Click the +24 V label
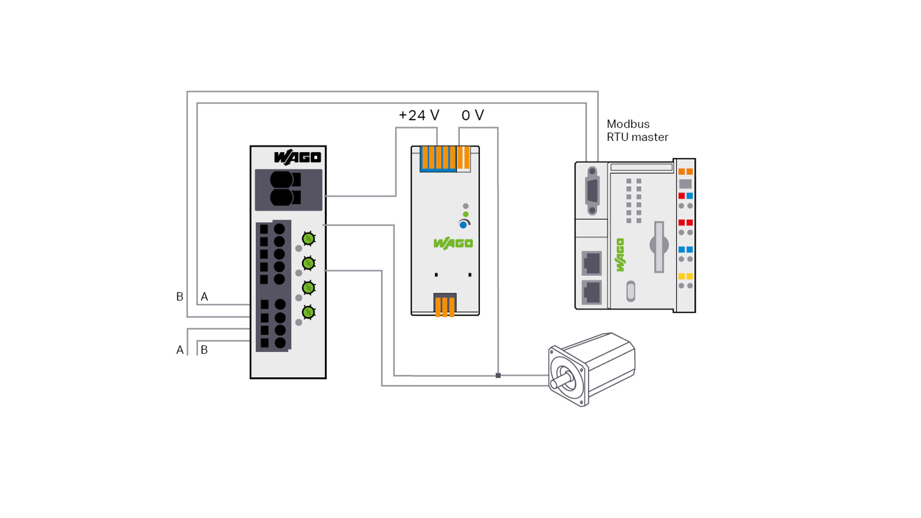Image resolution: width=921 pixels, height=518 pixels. pyautogui.click(x=419, y=115)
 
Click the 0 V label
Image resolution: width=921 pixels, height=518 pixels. pyautogui.click(x=473, y=115)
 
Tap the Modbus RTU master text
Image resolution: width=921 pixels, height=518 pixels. pyautogui.click(x=637, y=130)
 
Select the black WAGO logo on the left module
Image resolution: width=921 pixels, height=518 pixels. pyautogui.click(x=297, y=157)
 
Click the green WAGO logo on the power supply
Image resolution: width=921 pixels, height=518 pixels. pyautogui.click(x=453, y=243)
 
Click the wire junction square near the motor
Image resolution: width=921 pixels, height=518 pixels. pyautogui.click(x=498, y=375)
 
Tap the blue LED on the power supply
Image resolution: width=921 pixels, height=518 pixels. pyautogui.click(x=463, y=225)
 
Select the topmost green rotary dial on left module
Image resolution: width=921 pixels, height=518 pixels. pyautogui.click(x=309, y=239)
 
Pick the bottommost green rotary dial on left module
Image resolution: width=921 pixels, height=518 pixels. pyautogui.click(x=309, y=312)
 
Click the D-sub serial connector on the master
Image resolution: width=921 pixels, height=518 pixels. pyautogui.click(x=592, y=191)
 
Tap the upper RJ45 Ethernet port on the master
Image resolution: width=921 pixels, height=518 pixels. pyautogui.click(x=592, y=263)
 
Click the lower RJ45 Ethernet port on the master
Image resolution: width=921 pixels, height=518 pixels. pyautogui.click(x=592, y=292)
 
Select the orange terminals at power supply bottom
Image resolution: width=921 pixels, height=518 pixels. pyautogui.click(x=445, y=306)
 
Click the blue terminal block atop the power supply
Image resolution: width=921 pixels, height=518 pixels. pyautogui.click(x=438, y=159)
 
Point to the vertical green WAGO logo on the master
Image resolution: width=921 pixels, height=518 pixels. pyautogui.click(x=620, y=255)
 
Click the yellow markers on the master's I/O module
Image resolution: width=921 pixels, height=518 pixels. pyautogui.click(x=686, y=276)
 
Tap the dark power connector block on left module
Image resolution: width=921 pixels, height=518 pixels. pyautogui.click(x=289, y=190)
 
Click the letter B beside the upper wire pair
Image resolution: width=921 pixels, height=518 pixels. pyautogui.click(x=180, y=297)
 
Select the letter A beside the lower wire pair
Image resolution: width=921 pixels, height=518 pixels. pyautogui.click(x=180, y=350)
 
